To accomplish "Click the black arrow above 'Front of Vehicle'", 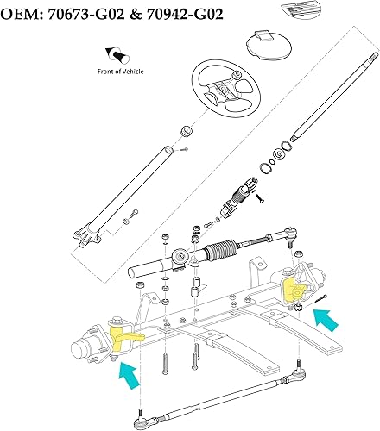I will [111, 54].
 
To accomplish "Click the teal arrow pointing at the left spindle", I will [127, 377].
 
